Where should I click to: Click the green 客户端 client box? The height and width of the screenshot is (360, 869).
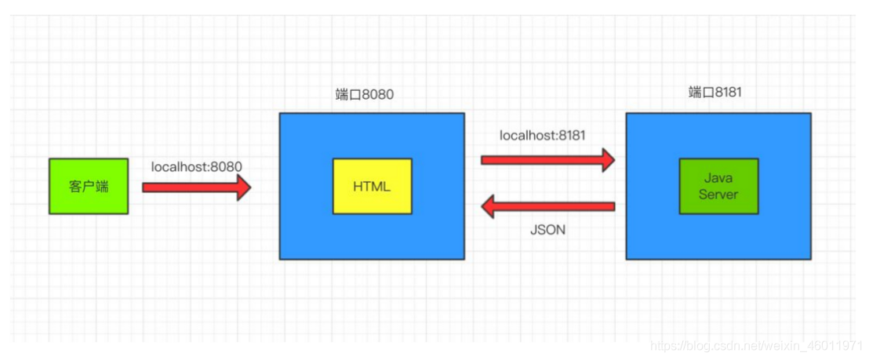89,186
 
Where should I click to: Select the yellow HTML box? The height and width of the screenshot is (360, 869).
372,186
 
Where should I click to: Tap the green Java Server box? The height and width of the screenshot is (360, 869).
719,186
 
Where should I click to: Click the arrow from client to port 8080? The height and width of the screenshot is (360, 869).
197,187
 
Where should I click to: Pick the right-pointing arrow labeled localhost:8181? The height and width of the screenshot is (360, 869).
548,160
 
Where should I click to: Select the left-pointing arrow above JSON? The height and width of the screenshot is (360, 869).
548,206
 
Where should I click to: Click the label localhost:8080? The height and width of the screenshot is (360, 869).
197,166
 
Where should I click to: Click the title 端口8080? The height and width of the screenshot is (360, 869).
365,94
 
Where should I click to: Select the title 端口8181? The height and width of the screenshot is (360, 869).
715,93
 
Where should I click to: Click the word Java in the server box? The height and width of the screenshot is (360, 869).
719,179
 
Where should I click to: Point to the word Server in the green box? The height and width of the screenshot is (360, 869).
719,194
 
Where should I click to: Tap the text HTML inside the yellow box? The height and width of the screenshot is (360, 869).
372,187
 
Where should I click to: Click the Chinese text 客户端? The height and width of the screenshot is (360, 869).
89,187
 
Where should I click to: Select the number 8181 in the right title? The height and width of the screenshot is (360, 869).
729,93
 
